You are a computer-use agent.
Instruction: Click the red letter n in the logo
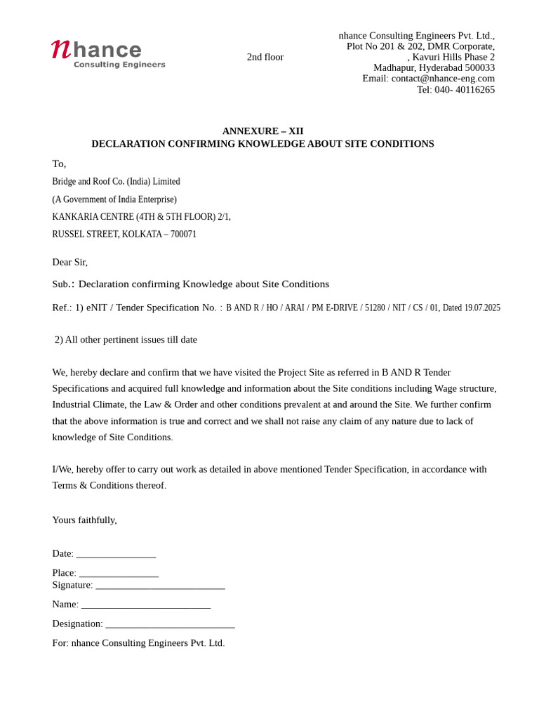click(61, 49)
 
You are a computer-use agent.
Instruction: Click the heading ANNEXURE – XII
click(262, 131)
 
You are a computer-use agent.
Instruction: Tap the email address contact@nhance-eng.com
click(443, 79)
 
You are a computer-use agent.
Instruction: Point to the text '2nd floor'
click(265, 57)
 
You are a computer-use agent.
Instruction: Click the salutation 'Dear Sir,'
click(69, 262)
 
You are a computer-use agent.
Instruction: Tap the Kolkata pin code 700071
click(183, 235)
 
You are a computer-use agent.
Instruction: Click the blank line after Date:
click(116, 555)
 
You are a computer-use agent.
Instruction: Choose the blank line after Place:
click(119, 574)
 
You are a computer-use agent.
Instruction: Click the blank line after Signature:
click(160, 586)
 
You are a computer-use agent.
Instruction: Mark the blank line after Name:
click(145, 605)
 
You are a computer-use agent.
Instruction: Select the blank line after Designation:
click(170, 624)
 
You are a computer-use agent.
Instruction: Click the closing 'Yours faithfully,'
click(84, 520)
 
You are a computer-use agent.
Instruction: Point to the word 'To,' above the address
click(59, 164)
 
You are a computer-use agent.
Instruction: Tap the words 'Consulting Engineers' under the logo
click(119, 65)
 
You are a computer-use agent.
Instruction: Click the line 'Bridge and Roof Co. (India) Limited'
click(116, 181)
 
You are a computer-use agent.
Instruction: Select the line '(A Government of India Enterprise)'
click(114, 199)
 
